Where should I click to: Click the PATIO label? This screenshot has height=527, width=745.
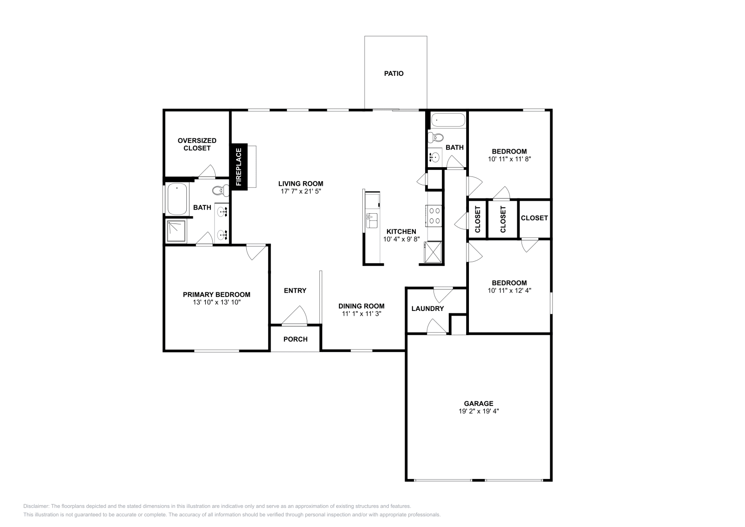pos(393,74)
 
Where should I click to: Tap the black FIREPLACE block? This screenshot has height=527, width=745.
pos(239,166)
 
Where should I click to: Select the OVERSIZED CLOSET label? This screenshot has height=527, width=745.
pos(197,144)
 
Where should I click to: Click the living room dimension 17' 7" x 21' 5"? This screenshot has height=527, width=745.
pos(301,191)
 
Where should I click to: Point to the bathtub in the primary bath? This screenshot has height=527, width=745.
pos(177,199)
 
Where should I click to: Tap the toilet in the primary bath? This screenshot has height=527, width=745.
pos(220,190)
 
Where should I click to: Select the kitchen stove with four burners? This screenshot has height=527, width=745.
pos(434,216)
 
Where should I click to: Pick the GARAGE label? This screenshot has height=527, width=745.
pos(478,404)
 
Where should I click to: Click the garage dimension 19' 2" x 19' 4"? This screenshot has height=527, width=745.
pos(478,412)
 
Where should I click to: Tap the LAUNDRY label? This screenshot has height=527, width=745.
pos(427,309)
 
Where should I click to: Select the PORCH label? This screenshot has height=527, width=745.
pos(295,339)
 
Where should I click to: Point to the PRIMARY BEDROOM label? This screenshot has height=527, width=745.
pos(217,295)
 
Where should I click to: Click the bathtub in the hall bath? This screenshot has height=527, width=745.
pos(448,120)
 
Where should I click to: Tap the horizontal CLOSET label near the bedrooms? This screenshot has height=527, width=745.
pos(534,218)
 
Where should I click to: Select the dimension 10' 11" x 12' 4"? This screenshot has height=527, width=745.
pos(509,291)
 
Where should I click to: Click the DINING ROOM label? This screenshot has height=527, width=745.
pos(361,306)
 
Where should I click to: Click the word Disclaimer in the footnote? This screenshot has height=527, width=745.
pos(35,506)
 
